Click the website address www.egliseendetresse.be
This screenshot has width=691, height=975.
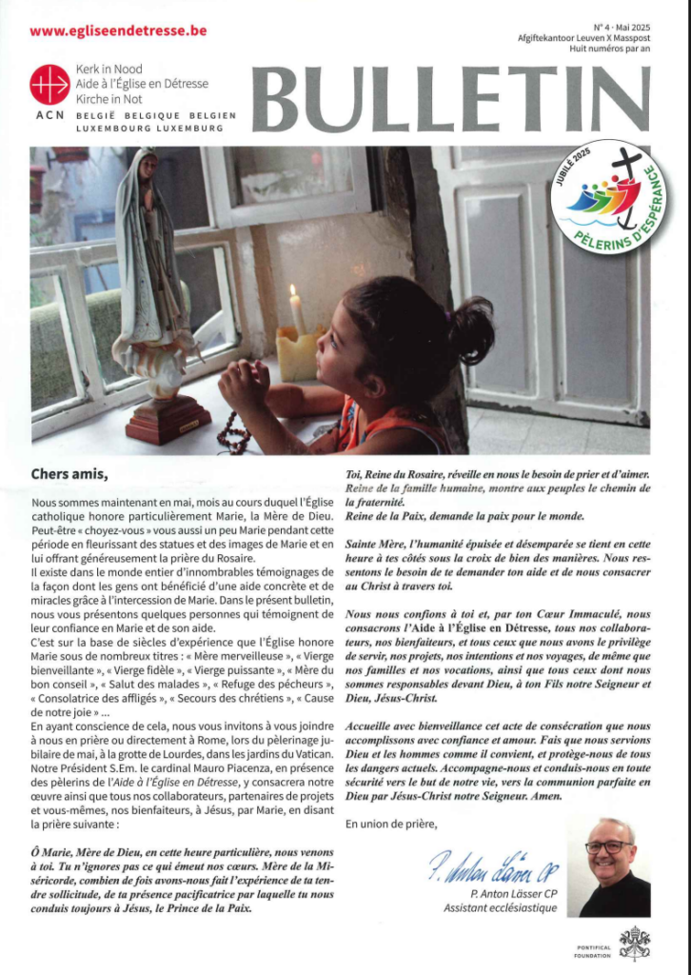pos(118,30)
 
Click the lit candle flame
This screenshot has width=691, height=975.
pos(294,293)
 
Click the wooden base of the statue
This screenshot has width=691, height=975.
pos(169,418)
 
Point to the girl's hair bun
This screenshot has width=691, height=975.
pos(471,330)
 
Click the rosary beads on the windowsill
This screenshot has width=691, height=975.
pos(234,437)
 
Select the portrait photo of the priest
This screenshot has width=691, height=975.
pos(614,867)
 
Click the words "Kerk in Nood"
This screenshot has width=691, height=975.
pos(109,71)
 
